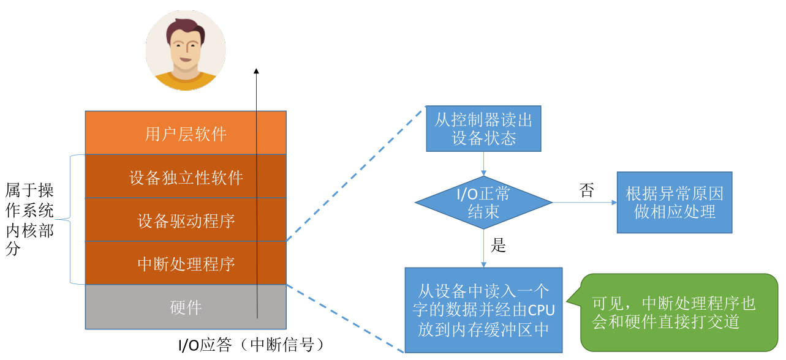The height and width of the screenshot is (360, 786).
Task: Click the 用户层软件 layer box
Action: click(x=186, y=133)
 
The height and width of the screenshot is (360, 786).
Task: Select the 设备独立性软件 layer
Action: click(x=186, y=176)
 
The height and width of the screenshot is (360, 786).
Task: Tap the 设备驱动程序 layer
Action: click(x=186, y=220)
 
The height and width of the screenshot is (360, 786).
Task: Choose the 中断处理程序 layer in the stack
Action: click(x=186, y=263)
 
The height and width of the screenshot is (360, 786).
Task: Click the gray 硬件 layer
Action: click(x=186, y=307)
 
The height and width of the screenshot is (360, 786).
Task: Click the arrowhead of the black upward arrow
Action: click(x=256, y=71)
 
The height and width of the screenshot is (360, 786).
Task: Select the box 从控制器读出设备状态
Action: click(x=483, y=129)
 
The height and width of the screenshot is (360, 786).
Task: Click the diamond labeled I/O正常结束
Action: click(x=483, y=203)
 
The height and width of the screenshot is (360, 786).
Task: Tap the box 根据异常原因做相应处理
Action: click(x=675, y=202)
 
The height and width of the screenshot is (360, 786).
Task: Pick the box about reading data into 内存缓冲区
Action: click(x=483, y=310)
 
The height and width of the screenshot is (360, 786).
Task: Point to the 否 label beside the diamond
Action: click(x=587, y=190)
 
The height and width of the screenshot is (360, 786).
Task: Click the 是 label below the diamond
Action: click(x=498, y=245)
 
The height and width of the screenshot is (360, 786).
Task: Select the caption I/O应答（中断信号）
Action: click(x=252, y=345)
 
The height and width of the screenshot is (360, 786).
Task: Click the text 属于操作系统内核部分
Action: click(x=29, y=219)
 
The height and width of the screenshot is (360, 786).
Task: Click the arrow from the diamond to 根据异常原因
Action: click(x=584, y=202)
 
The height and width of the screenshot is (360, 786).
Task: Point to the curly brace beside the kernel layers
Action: click(x=70, y=219)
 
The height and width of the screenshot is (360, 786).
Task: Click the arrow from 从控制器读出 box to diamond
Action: click(x=483, y=163)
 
